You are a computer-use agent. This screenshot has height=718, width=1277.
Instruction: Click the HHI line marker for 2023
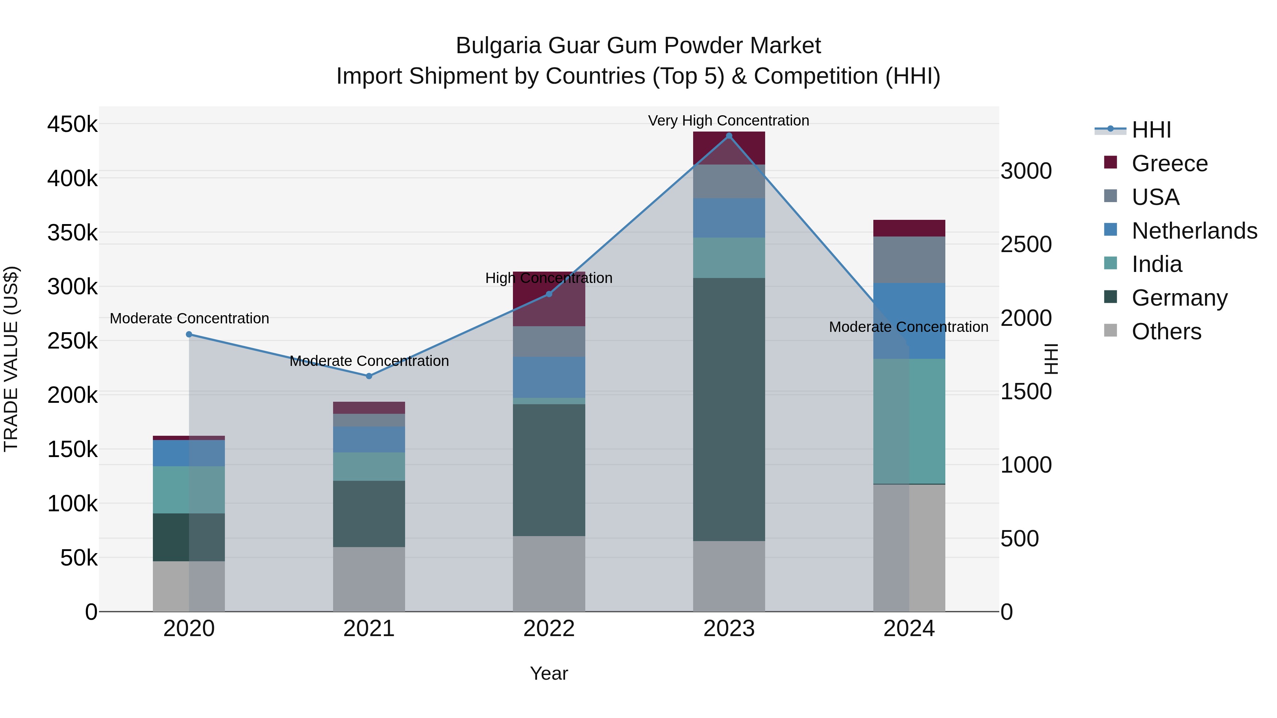coord(729,136)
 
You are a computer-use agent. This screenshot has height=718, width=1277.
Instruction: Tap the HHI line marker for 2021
coord(369,376)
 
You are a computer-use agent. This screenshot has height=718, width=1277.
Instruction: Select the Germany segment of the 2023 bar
coord(729,409)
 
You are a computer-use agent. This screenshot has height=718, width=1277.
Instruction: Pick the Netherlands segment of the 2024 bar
coord(909,321)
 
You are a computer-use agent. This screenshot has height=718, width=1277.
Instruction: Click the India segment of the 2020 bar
coord(188,490)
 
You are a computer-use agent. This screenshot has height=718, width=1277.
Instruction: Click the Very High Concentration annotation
coord(728,121)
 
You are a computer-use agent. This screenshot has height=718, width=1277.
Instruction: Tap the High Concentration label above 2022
coord(549,278)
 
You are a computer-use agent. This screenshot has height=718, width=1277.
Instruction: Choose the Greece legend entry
coord(1170,163)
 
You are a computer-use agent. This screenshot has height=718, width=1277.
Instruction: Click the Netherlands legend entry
coord(1194,231)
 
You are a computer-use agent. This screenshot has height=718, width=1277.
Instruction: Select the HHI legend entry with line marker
coord(1151,130)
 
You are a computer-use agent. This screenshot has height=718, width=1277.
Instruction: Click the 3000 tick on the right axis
coord(1026,171)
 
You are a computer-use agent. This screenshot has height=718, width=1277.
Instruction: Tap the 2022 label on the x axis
coord(549,629)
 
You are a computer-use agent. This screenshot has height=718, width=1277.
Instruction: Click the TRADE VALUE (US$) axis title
coord(11,359)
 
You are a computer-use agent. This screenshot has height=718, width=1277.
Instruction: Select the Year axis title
coord(549,673)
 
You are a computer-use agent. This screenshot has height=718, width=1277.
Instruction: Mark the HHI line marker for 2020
coord(189,334)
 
